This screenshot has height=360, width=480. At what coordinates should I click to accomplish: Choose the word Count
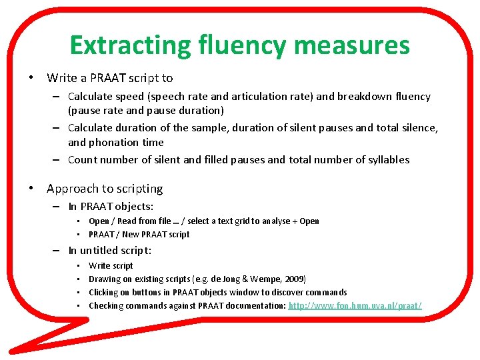tap(83, 160)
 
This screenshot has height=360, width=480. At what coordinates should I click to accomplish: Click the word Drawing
tap(104, 279)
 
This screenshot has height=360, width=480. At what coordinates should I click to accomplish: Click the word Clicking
tap(104, 292)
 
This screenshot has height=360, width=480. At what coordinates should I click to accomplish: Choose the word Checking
tap(106, 305)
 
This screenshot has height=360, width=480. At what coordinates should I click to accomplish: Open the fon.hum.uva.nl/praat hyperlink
tap(355, 305)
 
